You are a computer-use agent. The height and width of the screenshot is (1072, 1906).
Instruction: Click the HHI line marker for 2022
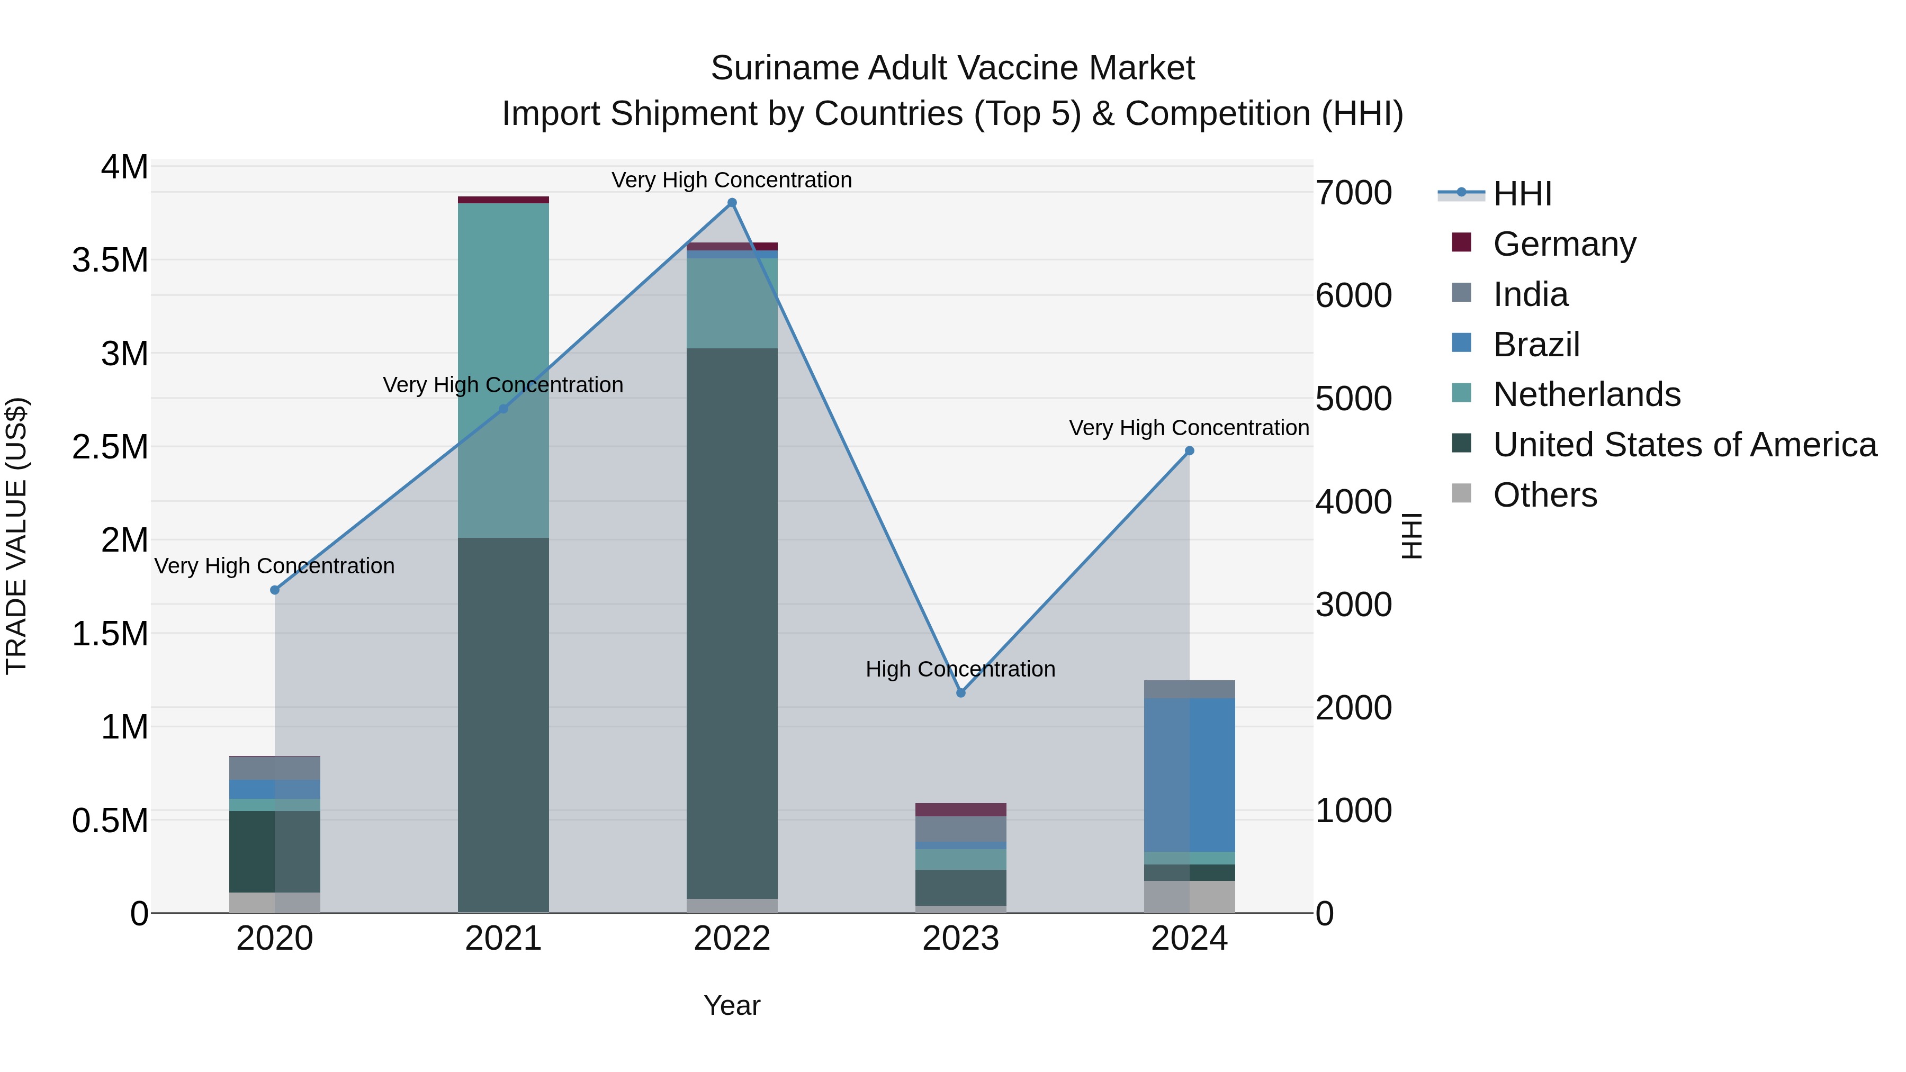[x=732, y=203]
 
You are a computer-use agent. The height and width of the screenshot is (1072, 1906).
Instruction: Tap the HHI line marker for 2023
[x=960, y=693]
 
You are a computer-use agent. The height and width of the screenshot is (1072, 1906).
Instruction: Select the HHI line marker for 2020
[x=274, y=590]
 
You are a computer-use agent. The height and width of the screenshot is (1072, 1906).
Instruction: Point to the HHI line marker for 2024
[x=1189, y=451]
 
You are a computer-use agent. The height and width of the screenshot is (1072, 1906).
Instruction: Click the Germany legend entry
[x=1564, y=244]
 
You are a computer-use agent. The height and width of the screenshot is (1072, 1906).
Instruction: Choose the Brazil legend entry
[x=1536, y=344]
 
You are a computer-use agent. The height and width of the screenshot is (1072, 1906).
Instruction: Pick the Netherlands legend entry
[x=1586, y=394]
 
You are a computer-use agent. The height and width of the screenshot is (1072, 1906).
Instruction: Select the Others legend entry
[x=1545, y=495]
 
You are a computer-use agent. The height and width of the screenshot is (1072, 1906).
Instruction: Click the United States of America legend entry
[x=1684, y=445]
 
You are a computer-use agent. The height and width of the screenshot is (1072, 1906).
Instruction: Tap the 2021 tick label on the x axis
[x=503, y=939]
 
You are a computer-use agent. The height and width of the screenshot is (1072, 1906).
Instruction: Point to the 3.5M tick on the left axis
[x=110, y=260]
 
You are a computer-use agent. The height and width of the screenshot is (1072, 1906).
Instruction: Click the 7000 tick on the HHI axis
[x=1353, y=193]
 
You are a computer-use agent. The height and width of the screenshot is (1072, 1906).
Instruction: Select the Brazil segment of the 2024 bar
[x=1189, y=774]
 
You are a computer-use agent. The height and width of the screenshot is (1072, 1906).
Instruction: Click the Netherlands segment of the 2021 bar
[x=503, y=370]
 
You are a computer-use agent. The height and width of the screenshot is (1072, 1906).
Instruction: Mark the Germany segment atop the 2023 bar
[x=960, y=809]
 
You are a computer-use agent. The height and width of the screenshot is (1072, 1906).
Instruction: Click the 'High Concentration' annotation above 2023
[x=960, y=669]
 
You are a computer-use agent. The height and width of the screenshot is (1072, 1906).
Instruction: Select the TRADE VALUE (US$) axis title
[x=16, y=536]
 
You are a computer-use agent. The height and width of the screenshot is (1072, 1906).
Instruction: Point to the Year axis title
[x=732, y=1005]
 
